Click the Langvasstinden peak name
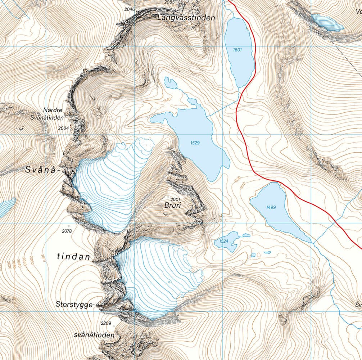(x=186, y=17)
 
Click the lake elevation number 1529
(x=195, y=143)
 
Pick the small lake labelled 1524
(x=224, y=240)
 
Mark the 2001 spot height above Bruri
(x=175, y=199)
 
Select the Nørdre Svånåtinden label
(x=53, y=114)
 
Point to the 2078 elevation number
(x=67, y=231)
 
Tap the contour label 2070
(x=43, y=258)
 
